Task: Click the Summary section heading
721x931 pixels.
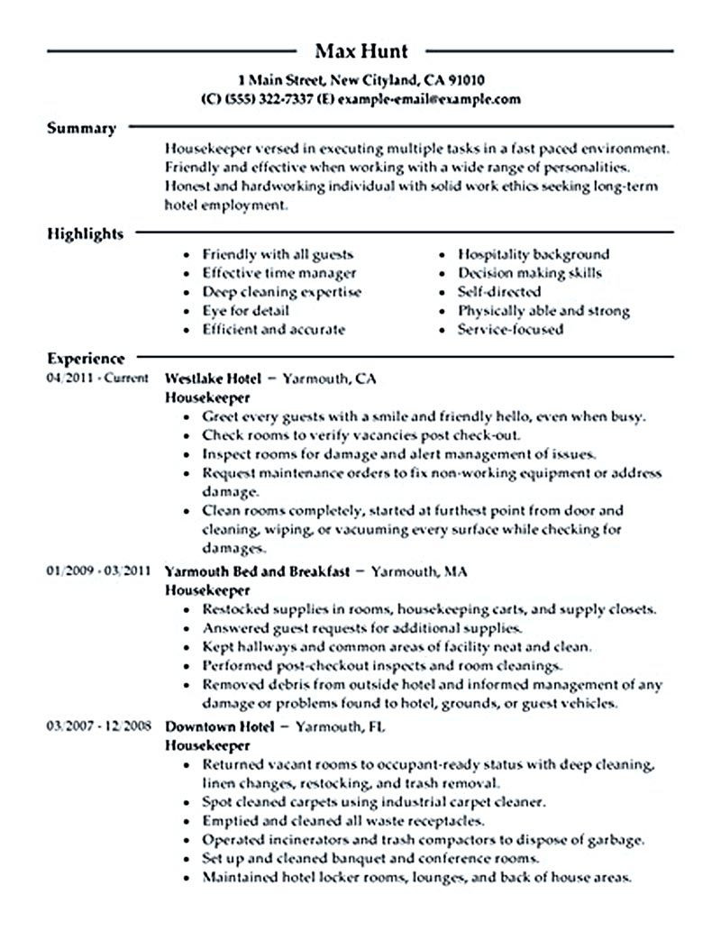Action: tap(81, 128)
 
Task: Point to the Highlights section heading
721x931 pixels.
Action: tap(85, 234)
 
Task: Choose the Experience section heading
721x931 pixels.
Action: tap(86, 358)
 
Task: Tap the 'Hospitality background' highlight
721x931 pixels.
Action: tap(534, 254)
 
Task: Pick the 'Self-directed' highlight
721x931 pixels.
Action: tap(499, 292)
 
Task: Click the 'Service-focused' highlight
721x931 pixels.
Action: tap(510, 330)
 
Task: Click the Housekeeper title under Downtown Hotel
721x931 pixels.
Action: tap(208, 745)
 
